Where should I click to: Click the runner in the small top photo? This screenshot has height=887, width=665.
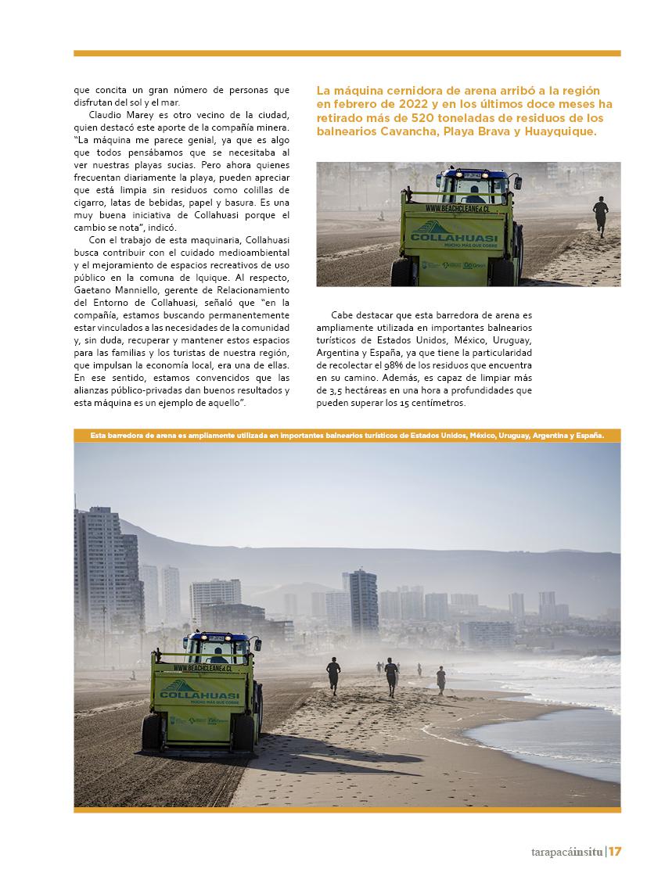point(600,215)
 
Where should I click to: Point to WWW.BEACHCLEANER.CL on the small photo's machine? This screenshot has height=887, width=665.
point(458,209)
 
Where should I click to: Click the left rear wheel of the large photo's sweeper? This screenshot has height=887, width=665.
point(151,734)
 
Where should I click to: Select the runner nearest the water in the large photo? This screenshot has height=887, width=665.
point(441,679)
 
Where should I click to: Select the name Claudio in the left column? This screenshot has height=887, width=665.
point(106,115)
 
